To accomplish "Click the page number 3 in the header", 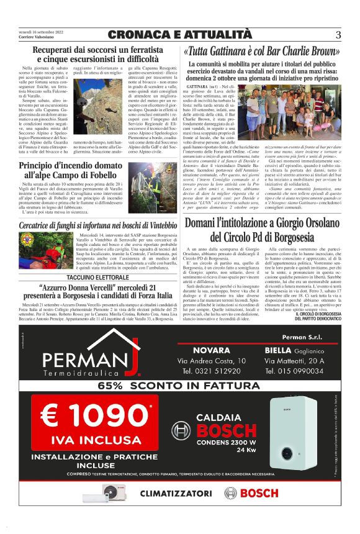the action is pyautogui.click(x=338, y=34).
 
